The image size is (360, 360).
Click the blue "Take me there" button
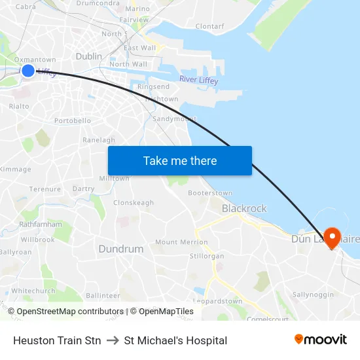[180, 160]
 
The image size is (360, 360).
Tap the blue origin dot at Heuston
[28, 70]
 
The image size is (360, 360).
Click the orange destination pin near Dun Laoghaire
[332, 238]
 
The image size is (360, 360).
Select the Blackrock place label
[244, 208]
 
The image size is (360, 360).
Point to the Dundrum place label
[120, 249]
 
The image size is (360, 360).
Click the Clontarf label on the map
[209, 26]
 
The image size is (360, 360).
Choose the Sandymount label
[174, 119]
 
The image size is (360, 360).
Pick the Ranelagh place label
[99, 140]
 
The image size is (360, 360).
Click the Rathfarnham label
[41, 224]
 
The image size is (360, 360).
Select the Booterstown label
[210, 193]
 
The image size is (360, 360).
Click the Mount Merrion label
[181, 242]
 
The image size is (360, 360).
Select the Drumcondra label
[98, 3]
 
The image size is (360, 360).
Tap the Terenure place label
[45, 189]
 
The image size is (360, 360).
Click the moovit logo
[320, 340]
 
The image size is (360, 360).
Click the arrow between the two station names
[113, 340]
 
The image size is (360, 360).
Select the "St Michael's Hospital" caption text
[175, 340]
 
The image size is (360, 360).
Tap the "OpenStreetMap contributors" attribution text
[70, 312]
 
